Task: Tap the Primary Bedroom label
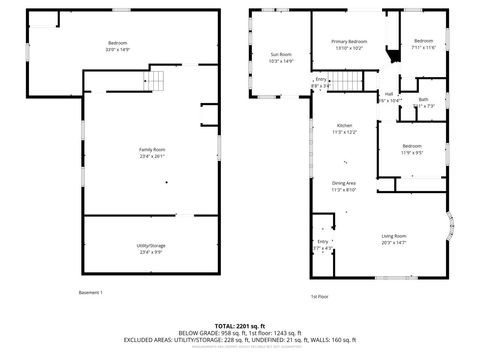[349, 41]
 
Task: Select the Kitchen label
[344, 126]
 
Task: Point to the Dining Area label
[344, 183]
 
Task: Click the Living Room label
[393, 236]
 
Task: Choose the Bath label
[423, 100]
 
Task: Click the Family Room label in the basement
[152, 149]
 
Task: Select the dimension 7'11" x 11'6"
[424, 47]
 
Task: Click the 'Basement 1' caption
[90, 292]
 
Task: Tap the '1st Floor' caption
[319, 296]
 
